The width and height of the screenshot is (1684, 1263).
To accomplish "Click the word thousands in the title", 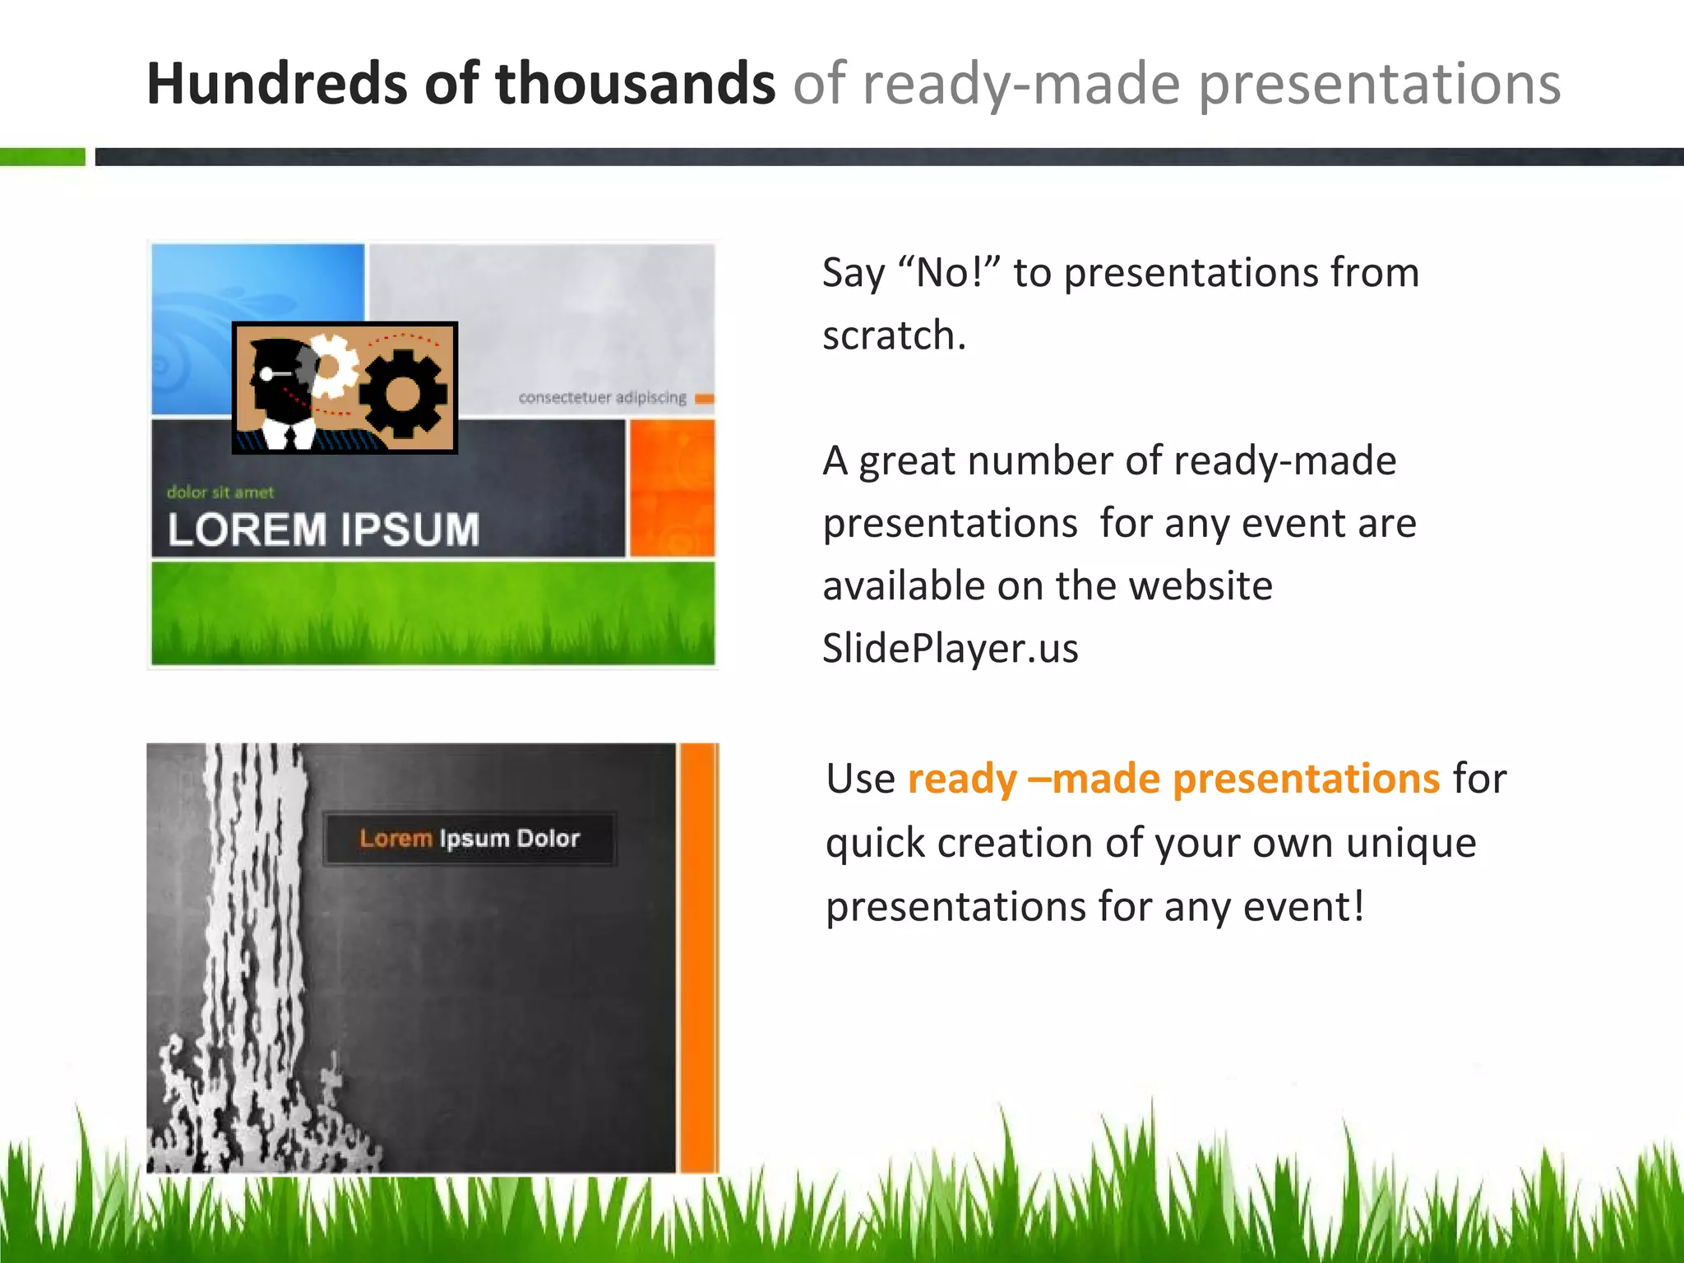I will [635, 84].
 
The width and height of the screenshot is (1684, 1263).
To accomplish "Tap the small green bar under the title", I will [43, 156].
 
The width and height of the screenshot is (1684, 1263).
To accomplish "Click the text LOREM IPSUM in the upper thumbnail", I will [323, 529].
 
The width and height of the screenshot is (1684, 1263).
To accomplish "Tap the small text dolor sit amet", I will [220, 493].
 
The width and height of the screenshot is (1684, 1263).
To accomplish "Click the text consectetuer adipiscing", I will [602, 397].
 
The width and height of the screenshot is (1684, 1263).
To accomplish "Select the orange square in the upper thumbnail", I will [672, 488].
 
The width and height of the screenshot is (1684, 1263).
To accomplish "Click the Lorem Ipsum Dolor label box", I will [470, 839].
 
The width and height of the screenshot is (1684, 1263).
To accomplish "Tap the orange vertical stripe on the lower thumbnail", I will [698, 958].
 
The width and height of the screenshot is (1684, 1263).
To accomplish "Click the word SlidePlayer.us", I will [950, 648].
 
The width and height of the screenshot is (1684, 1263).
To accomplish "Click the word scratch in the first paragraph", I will [893, 335].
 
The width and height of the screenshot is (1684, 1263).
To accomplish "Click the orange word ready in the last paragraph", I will [962, 779].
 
